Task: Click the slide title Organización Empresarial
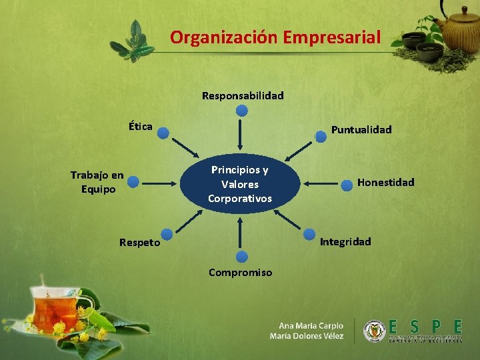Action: [x=275, y=37]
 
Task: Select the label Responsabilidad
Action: [x=243, y=95]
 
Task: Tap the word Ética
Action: [x=141, y=126]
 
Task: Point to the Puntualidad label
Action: [x=361, y=129]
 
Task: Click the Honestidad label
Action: [x=385, y=182]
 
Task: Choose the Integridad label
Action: [x=345, y=241]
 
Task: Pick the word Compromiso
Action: [x=240, y=272]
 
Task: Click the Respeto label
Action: [x=139, y=243]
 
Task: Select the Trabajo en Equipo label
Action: [x=97, y=182]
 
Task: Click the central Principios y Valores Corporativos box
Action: [x=240, y=183]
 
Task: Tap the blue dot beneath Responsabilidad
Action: [x=242, y=111]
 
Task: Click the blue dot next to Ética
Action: [x=163, y=131]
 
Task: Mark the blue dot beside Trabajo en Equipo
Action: [x=133, y=181]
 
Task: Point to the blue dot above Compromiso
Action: [x=241, y=257]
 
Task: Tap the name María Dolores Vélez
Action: [x=307, y=336]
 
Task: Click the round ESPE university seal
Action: [x=374, y=331]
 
